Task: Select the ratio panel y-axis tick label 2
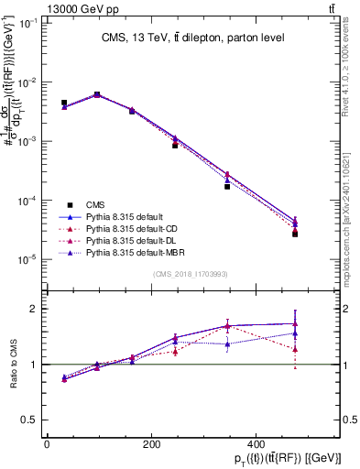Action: click(34, 309)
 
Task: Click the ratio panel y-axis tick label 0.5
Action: click(30, 420)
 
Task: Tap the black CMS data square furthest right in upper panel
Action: click(295, 234)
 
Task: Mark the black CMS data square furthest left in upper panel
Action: click(64, 103)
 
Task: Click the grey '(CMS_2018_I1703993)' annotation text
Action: click(190, 274)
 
